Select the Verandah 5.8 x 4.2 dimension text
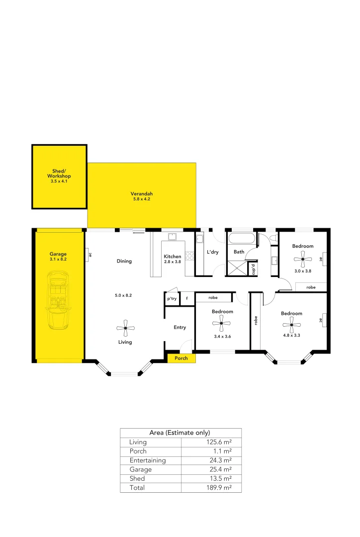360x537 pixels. pyautogui.click(x=142, y=199)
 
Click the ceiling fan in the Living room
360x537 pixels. pyautogui.click(x=125, y=328)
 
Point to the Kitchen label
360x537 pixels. pyautogui.click(x=173, y=257)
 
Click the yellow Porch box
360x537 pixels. pyautogui.click(x=181, y=358)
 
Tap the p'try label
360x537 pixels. pyautogui.click(x=172, y=298)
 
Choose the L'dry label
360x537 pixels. pyautogui.click(x=212, y=252)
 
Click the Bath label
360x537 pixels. pyautogui.click(x=239, y=252)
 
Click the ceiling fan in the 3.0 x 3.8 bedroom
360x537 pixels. pyautogui.click(x=303, y=258)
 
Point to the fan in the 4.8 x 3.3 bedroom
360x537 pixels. pyautogui.click(x=291, y=326)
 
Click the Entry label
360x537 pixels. pyautogui.click(x=180, y=327)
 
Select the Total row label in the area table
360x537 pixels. pyautogui.click(x=137, y=488)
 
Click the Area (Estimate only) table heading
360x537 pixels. pyautogui.click(x=180, y=433)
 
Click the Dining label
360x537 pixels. pyautogui.click(x=124, y=261)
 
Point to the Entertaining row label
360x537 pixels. pyautogui.click(x=148, y=460)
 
